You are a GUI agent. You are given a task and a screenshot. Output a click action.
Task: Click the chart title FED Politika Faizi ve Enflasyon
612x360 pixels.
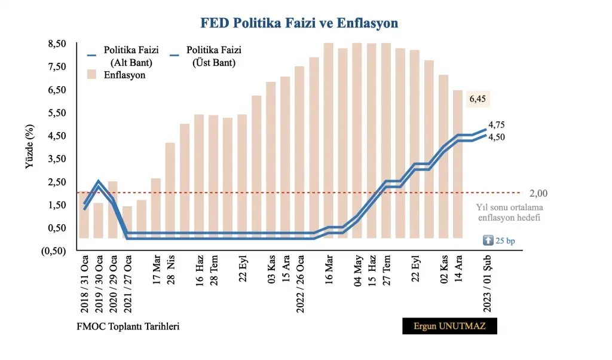click(299, 23)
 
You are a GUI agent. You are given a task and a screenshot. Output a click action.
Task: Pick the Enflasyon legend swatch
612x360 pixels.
click(91, 75)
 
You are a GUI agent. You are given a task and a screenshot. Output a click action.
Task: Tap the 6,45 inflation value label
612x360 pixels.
click(477, 99)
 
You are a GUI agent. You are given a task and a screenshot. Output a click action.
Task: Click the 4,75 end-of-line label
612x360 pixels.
click(497, 125)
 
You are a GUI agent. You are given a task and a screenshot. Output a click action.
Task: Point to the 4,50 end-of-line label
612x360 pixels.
click(497, 138)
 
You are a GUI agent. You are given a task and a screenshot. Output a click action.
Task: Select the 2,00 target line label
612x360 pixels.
click(538, 193)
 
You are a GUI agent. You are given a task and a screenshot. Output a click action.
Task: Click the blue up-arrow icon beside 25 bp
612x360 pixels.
click(488, 240)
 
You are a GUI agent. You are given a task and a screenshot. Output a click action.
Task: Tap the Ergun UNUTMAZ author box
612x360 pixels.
click(449, 326)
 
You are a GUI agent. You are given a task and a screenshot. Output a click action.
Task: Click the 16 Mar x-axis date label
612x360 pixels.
click(328, 272)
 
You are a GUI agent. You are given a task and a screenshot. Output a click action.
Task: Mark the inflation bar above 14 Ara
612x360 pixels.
click(458, 164)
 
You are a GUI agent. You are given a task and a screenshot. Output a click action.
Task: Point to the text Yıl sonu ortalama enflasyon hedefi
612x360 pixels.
click(509, 212)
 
